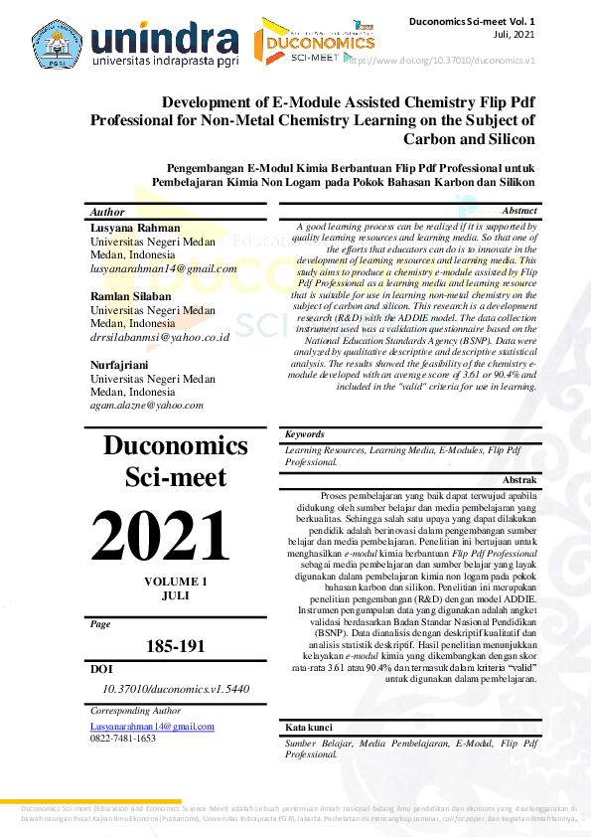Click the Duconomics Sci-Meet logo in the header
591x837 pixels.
coord(314,42)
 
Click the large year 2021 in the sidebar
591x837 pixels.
coord(161,537)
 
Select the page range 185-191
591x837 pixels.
coord(175,646)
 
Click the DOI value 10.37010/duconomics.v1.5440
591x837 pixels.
coord(176,688)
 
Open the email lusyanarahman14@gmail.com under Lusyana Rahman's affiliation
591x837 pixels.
coord(164,268)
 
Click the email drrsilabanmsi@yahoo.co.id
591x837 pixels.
coord(160,337)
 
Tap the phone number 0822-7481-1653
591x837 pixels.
coord(123,739)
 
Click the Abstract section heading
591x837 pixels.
coord(519,211)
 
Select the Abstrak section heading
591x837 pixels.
coord(520,479)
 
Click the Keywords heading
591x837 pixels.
coord(304,434)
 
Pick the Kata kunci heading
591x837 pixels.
coord(309,727)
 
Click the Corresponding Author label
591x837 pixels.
coord(135,711)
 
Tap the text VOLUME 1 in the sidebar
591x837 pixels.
coord(176,581)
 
